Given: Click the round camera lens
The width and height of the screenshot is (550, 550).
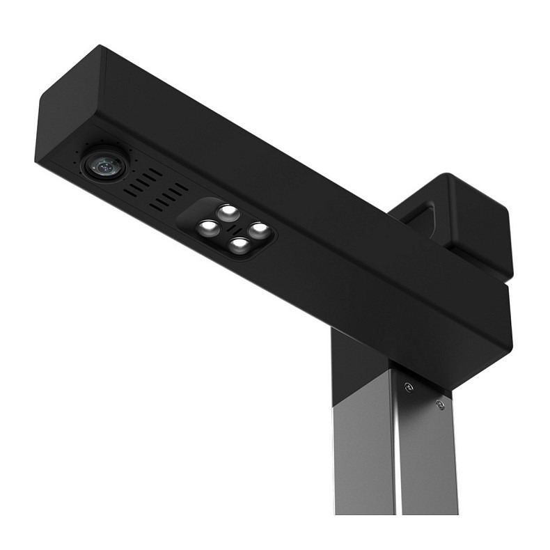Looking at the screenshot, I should tap(104, 165).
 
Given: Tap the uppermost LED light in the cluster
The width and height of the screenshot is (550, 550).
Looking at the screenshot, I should tap(226, 211).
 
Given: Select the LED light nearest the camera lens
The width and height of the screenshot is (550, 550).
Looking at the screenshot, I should tap(207, 226).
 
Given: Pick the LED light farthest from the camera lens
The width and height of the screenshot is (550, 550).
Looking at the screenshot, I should tap(258, 229).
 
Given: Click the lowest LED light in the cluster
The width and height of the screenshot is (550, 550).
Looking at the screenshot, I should tap(239, 245).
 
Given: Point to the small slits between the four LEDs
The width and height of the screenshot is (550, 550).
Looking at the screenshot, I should tap(233, 228).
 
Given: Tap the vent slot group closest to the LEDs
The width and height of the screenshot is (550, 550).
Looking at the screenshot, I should tap(170, 195).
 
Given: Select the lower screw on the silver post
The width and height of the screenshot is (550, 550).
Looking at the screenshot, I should tap(439, 404).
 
